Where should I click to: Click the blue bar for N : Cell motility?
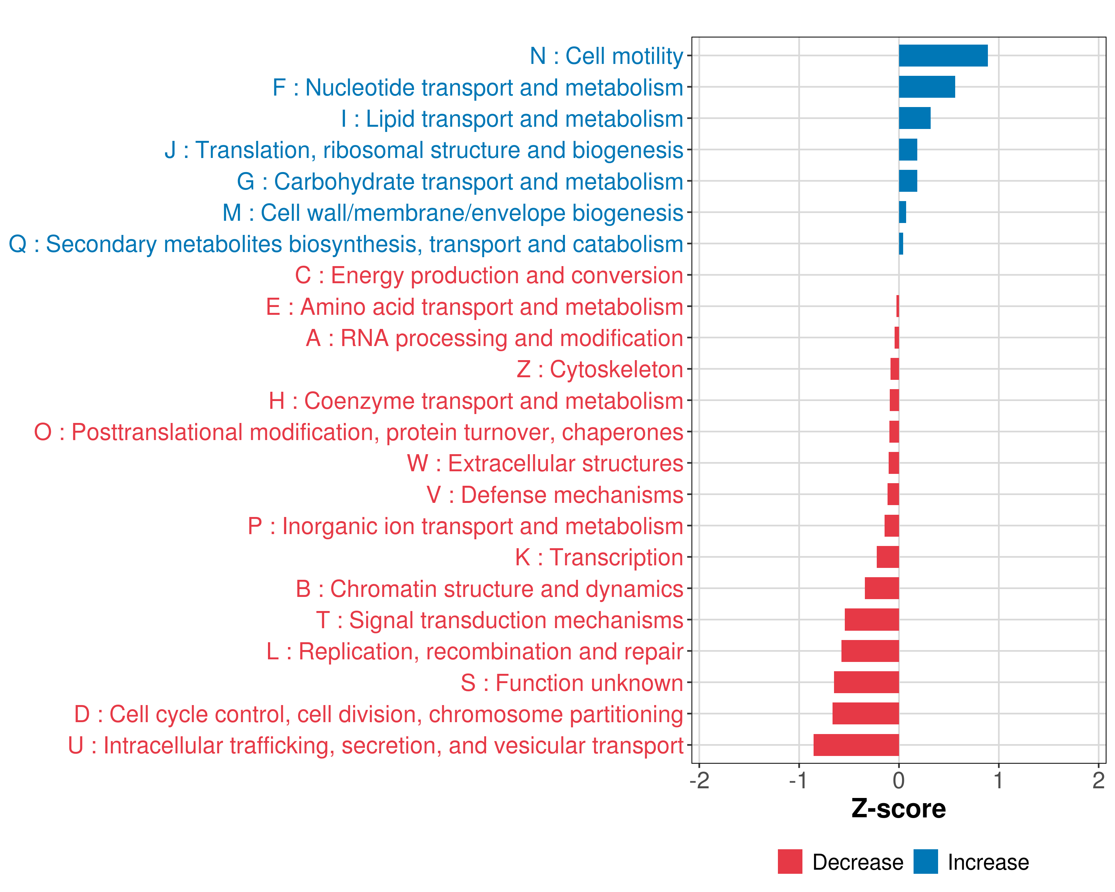[943, 56]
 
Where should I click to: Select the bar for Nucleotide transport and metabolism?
[927, 87]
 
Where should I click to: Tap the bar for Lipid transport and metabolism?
[914, 119]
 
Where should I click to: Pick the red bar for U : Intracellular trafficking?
[856, 745]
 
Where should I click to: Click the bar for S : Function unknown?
[866, 683]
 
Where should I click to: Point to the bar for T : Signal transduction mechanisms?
[872, 620]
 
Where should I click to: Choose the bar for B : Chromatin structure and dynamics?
[882, 588]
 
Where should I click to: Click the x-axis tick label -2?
[699, 780]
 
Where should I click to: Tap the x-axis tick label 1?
[999, 780]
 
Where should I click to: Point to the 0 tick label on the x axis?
[899, 780]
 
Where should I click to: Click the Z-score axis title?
[898, 809]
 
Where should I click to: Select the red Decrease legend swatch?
[790, 862]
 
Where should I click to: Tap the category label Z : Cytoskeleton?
[600, 369]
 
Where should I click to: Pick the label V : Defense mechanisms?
[555, 495]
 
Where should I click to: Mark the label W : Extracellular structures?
[545, 463]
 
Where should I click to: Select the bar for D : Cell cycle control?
[865, 714]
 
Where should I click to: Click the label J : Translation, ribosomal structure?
[424, 150]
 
